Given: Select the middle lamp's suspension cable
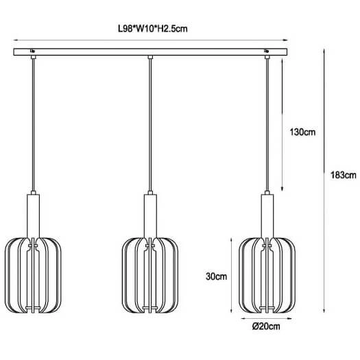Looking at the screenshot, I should (x=150, y=123).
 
